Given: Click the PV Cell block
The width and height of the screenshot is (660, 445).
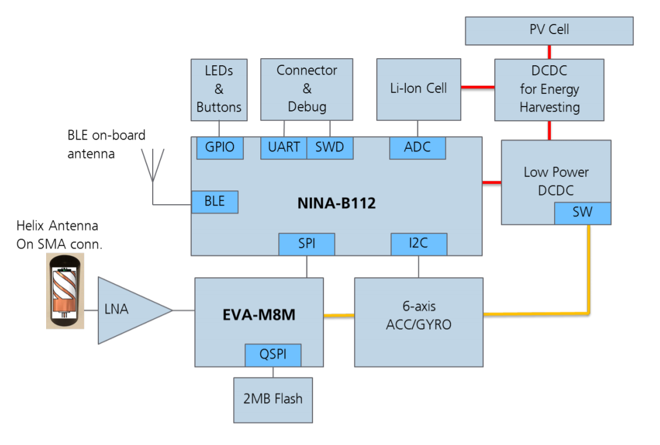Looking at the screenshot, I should (549, 30).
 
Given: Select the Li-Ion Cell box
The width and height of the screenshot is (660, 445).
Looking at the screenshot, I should (418, 89).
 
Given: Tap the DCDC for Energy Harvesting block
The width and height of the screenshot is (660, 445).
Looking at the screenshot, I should (549, 89).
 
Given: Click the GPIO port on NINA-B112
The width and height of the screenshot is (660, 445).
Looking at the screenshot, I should (220, 148).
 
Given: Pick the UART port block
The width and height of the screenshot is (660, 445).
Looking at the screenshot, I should (283, 148).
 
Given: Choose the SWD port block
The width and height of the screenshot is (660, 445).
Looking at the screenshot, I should (329, 148).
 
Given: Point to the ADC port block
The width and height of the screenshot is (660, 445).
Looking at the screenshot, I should (417, 148).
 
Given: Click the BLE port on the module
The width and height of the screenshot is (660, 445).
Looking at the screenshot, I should (215, 202).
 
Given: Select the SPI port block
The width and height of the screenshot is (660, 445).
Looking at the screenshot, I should (306, 244).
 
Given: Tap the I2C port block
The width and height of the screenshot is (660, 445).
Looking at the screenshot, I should (419, 244).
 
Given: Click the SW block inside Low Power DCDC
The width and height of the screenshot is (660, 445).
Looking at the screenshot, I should (582, 213).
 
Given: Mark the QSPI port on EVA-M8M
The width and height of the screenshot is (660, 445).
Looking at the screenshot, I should (273, 355).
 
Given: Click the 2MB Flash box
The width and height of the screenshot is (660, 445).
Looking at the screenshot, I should (273, 399).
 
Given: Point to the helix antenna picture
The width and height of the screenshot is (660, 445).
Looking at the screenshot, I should (65, 295).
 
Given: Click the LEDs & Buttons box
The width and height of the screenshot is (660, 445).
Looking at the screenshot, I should (219, 89).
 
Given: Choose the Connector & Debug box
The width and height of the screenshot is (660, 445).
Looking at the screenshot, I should (306, 89).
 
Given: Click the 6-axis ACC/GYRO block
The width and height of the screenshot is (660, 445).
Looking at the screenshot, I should (418, 322).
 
